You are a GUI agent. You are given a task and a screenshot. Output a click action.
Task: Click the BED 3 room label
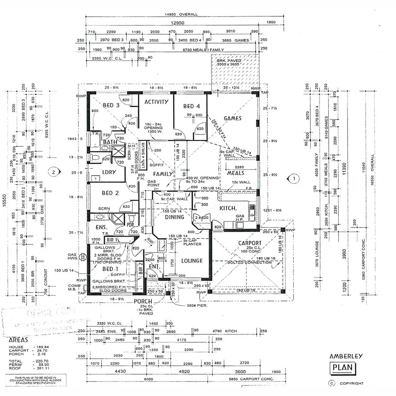click(x=111, y=105)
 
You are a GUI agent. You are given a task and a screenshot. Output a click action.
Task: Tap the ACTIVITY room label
click(x=157, y=102)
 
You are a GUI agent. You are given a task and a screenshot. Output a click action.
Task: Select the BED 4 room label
click(x=191, y=106)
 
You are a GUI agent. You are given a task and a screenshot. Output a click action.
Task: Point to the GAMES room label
click(x=233, y=118)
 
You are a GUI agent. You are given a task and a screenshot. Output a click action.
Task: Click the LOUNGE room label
click(x=192, y=260)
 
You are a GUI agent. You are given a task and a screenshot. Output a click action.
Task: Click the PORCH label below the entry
click(x=144, y=301)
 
